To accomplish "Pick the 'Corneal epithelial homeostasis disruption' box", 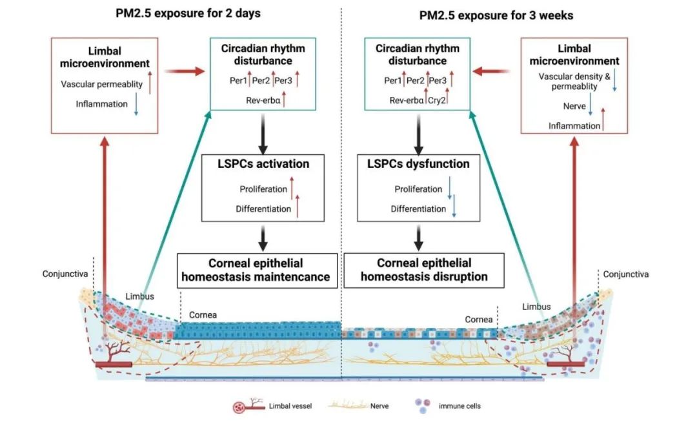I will (x=424, y=270).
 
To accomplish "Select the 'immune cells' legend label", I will (x=460, y=406).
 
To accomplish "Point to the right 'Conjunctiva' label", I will (x=625, y=274).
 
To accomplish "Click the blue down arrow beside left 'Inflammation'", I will (x=136, y=105).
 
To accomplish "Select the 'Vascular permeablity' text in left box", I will (x=102, y=85).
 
